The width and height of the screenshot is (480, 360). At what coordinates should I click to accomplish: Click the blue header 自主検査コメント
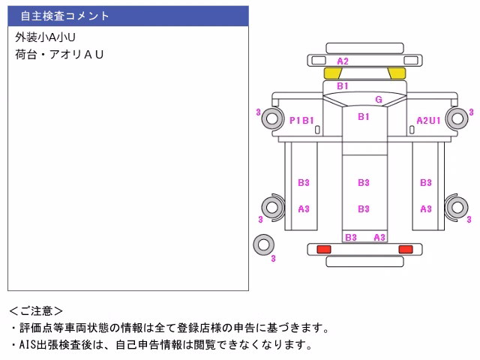pyautogui.click(x=64, y=16)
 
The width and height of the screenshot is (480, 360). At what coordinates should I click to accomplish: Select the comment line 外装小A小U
pyautogui.click(x=45, y=37)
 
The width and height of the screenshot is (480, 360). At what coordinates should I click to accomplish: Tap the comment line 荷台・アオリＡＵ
pyautogui.click(x=59, y=55)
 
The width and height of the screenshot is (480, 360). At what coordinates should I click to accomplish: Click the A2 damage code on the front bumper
pyautogui.click(x=343, y=61)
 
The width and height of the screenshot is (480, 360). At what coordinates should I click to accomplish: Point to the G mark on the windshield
pyautogui.click(x=379, y=100)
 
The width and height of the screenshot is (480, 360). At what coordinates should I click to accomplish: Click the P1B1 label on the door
pyautogui.click(x=301, y=120)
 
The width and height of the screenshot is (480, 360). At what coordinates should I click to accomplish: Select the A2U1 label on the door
pyautogui.click(x=428, y=121)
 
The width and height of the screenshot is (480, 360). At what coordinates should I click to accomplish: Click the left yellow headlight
pyautogui.click(x=333, y=73)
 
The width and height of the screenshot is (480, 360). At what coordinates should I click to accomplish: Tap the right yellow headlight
pyautogui.click(x=397, y=73)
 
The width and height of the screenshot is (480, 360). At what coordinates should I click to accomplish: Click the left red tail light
pyautogui.click(x=324, y=249)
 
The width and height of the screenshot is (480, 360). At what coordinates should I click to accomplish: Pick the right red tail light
pyautogui.click(x=406, y=249)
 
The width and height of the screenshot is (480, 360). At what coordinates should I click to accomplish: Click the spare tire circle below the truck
pyautogui.click(x=263, y=244)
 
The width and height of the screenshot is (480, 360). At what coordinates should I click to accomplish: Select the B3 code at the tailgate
pyautogui.click(x=351, y=237)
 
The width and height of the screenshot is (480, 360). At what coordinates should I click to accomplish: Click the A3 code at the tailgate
pyautogui.click(x=379, y=237)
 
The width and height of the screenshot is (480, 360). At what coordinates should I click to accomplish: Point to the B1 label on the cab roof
pyautogui.click(x=364, y=117)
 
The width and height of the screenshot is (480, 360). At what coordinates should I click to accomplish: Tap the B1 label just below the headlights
pyautogui.click(x=343, y=86)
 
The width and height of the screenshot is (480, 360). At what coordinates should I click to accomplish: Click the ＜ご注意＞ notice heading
pyautogui.click(x=36, y=311)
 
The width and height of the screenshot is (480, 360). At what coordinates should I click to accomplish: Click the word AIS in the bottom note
pyautogui.click(x=28, y=345)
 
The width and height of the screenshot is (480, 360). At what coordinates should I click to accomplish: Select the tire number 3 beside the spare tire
pyautogui.click(x=273, y=259)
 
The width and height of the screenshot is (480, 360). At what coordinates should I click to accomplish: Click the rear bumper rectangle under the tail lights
pyautogui.click(x=365, y=262)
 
